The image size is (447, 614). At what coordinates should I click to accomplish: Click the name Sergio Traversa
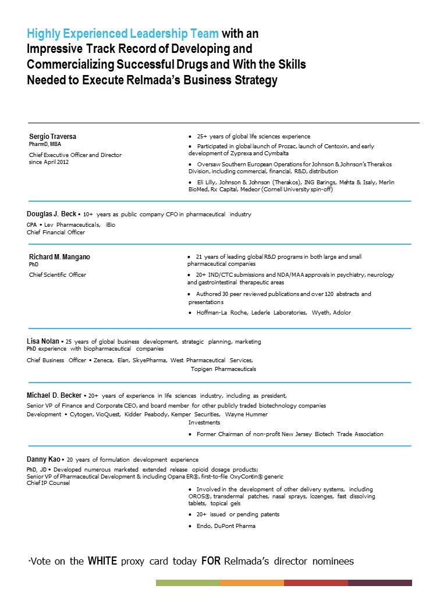tap(52, 137)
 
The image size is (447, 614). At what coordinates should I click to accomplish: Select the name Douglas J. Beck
tap(51, 214)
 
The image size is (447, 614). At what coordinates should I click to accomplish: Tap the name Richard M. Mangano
tap(59, 257)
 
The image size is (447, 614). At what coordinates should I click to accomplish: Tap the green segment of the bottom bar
tap(187, 582)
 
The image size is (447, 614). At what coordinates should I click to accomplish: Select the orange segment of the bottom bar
tap(251, 582)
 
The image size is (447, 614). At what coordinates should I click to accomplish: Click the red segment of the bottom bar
tap(315, 582)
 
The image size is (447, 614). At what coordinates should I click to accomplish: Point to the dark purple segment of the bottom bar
tap(379, 582)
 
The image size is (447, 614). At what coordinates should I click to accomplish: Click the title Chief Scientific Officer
tap(58, 275)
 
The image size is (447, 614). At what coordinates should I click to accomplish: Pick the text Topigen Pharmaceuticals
tap(223, 369)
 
